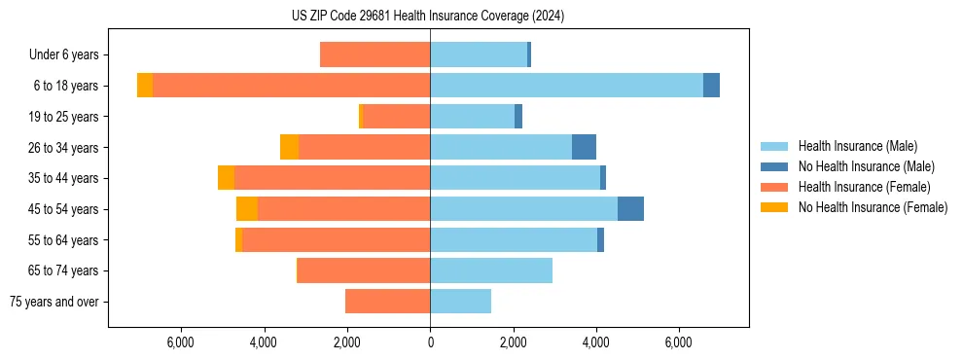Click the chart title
(428, 16)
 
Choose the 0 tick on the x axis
(430, 342)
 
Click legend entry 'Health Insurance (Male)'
(856, 146)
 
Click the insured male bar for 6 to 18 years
(566, 86)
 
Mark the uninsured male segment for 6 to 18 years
(711, 86)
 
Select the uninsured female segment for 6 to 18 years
(145, 86)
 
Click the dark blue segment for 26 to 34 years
(584, 147)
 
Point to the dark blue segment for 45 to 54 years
(630, 209)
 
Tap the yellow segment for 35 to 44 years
(227, 178)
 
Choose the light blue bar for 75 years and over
(460, 302)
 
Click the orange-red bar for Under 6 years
(374, 55)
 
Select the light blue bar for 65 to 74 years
(491, 270)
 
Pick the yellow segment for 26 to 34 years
(289, 147)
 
